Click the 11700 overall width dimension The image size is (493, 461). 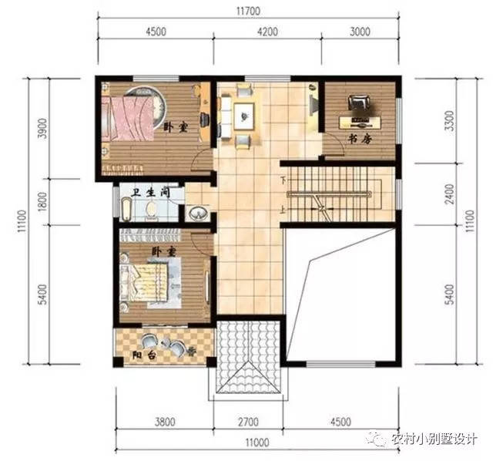pyautogui.click(x=248, y=12)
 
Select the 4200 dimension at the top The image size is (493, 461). pyautogui.click(x=267, y=32)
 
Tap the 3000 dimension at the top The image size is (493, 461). pyautogui.click(x=360, y=32)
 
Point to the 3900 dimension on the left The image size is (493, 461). pyautogui.click(x=42, y=128)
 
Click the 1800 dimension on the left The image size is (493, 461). pyautogui.click(x=42, y=201)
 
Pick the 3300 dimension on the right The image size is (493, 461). pyautogui.click(x=450, y=121)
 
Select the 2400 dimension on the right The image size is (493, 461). pyautogui.click(x=450, y=194)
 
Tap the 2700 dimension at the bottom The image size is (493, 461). pyautogui.click(x=248, y=422)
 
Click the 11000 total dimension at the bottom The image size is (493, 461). pyautogui.click(x=257, y=442)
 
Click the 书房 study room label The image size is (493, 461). pyautogui.click(x=360, y=139)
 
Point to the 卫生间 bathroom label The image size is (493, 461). pyautogui.click(x=151, y=192)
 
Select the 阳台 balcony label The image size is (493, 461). pyautogui.click(x=144, y=355)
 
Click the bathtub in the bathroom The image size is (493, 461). pyautogui.click(x=126, y=209)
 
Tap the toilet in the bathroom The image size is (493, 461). pyautogui.click(x=151, y=209)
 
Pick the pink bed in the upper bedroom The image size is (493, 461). pyautogui.click(x=128, y=118)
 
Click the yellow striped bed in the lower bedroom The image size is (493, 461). pyautogui.click(x=146, y=282)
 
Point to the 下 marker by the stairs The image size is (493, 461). pyautogui.click(x=283, y=181)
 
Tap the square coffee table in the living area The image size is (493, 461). pyautogui.click(x=243, y=116)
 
